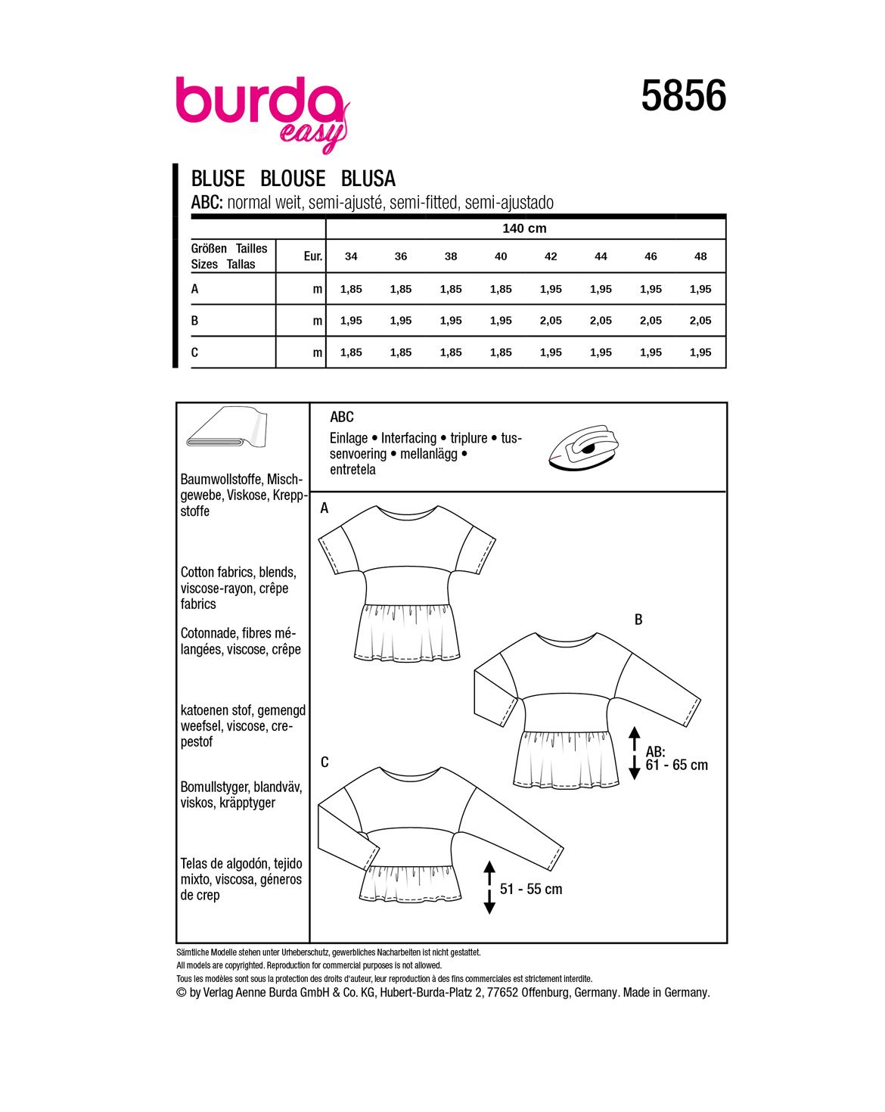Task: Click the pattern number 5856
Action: pos(683,97)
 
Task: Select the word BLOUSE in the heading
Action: pos(293,179)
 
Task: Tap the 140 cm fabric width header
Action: pos(524,228)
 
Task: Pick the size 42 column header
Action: pos(551,256)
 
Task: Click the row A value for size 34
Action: pos(351,289)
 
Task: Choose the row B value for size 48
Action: pos(700,321)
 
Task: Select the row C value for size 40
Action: pos(501,353)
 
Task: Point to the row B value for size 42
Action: pos(551,321)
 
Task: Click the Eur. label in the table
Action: pos(313,256)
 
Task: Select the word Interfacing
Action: pos(408,438)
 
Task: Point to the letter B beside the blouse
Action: pos(638,620)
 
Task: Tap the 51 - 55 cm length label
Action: pos(531,889)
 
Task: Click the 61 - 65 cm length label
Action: pos(677,765)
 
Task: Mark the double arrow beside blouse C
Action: pos(489,887)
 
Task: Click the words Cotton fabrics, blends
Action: pos(238,573)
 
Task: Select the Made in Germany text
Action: pos(666,992)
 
